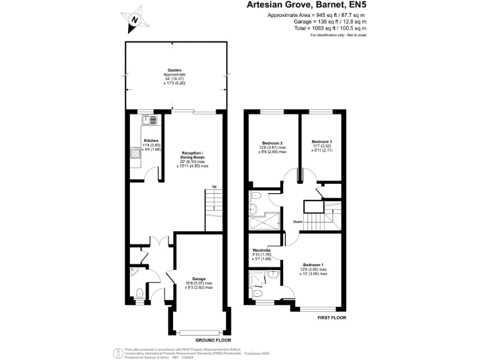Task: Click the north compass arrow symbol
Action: click(133, 19)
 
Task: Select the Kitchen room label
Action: click(151, 141)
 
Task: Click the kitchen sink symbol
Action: click(152, 119)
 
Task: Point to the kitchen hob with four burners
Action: click(135, 153)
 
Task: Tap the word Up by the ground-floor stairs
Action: click(214, 186)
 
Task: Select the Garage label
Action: click(199, 279)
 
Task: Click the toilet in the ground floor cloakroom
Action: click(138, 292)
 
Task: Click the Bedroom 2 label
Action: click(272, 142)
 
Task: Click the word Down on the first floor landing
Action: click(298, 222)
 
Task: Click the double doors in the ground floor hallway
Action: click(161, 242)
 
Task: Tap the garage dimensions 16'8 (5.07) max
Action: click(199, 283)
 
